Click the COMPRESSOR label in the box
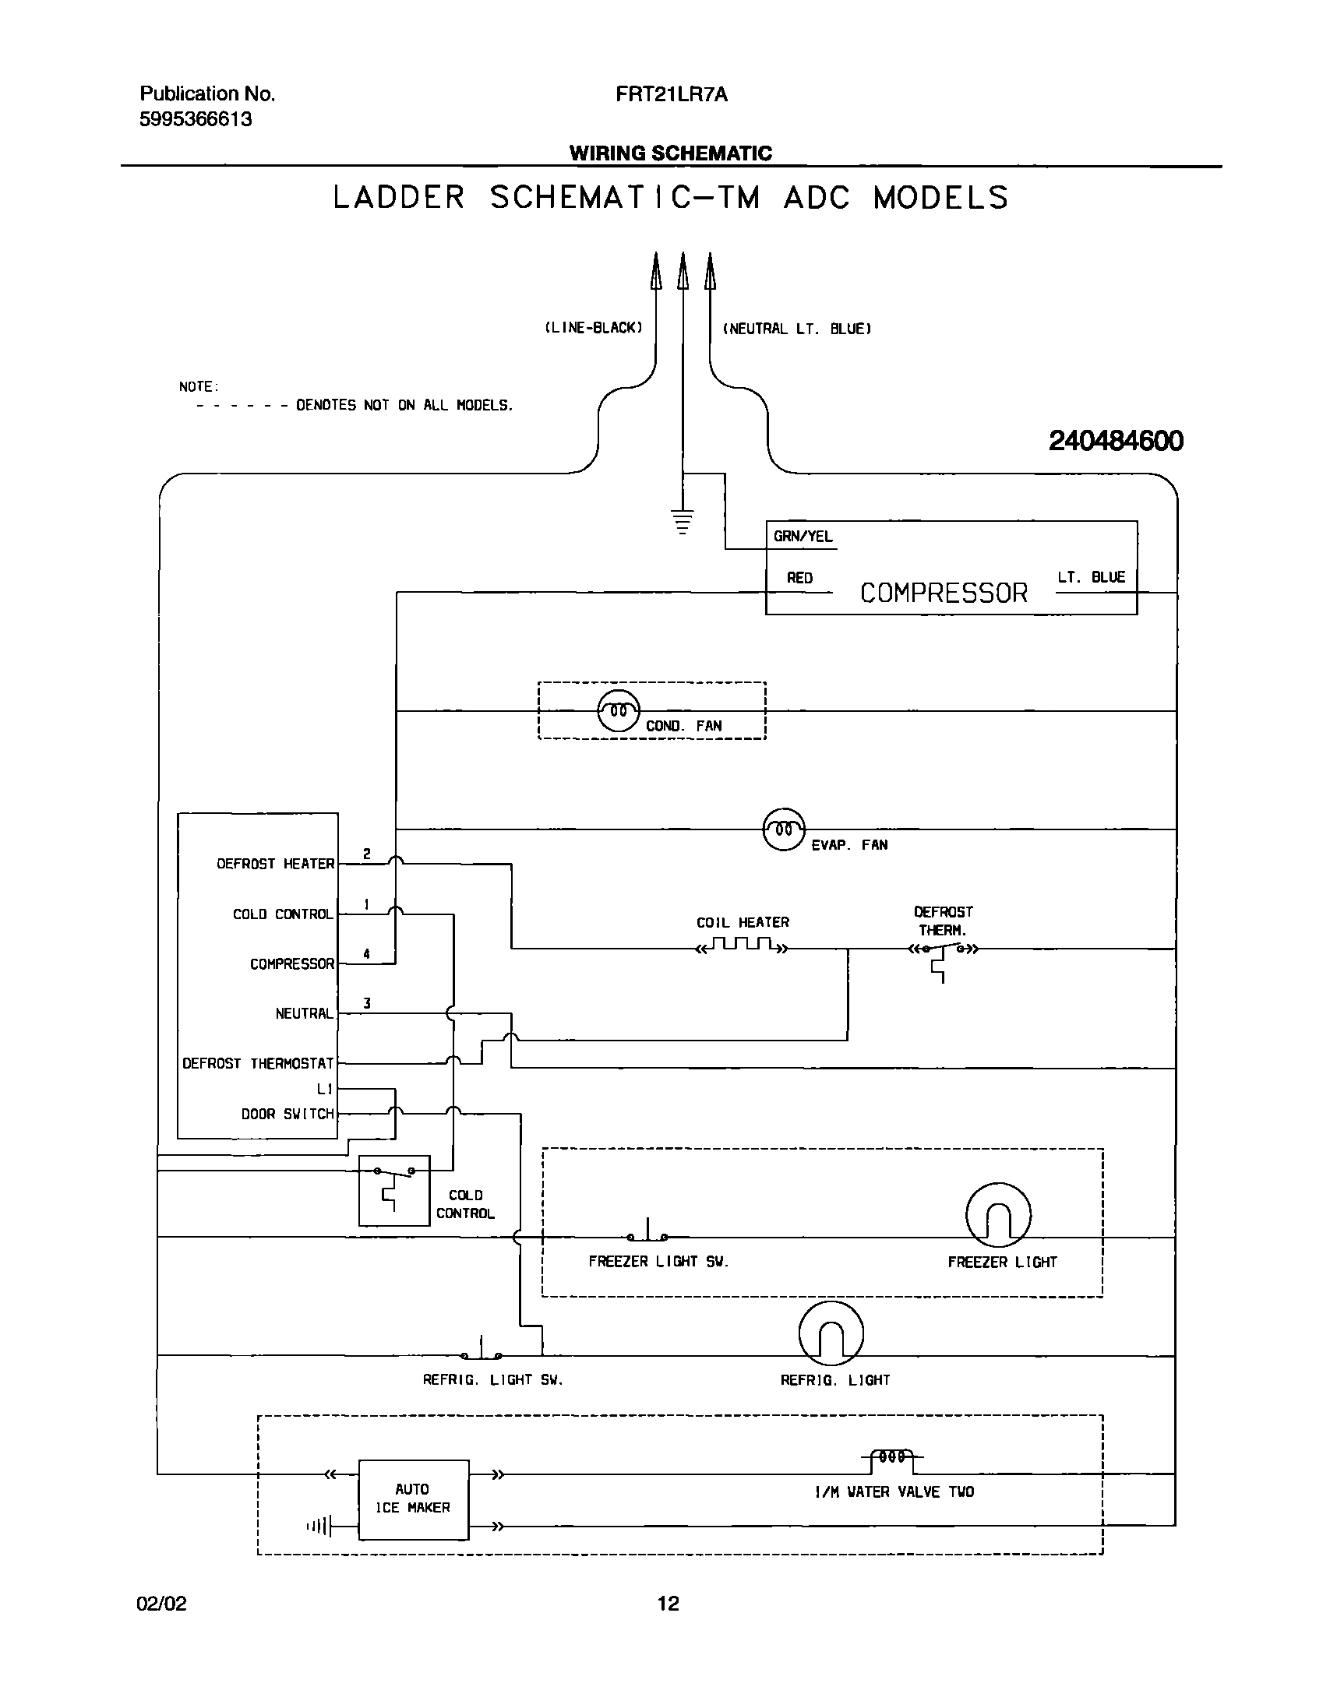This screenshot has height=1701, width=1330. point(944,593)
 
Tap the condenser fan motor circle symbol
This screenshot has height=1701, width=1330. point(619,710)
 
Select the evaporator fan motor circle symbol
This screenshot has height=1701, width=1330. point(784,829)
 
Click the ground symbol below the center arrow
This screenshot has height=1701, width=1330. point(683,522)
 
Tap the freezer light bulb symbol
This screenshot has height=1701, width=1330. point(998,1216)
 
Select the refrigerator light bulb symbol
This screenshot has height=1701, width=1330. point(831,1334)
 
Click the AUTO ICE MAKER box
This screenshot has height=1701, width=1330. point(413,1498)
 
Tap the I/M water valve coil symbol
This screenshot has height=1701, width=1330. point(892,1456)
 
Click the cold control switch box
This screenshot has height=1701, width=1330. point(393,1191)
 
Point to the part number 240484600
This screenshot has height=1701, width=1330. point(1115,442)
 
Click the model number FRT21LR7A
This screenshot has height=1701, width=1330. point(671,95)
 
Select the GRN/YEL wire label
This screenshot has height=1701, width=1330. point(803,537)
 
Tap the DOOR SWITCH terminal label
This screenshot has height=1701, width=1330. point(287,1115)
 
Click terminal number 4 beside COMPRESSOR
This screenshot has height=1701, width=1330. point(367,954)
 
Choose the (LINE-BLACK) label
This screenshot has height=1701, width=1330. point(593,328)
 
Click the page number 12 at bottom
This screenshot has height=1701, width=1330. point(668,1603)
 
